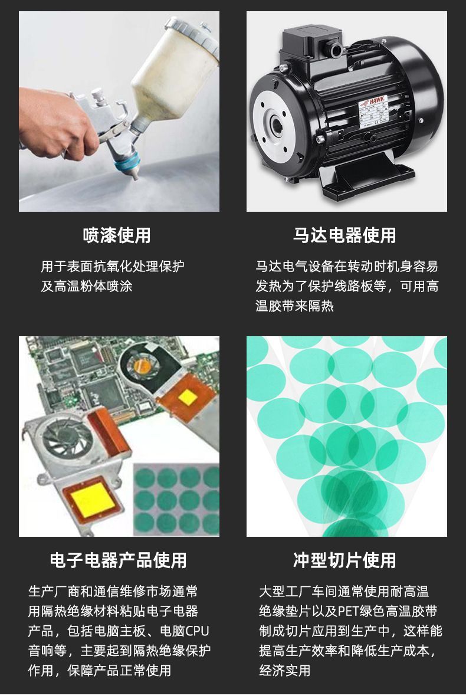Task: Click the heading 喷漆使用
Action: tap(117, 235)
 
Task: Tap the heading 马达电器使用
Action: tap(344, 235)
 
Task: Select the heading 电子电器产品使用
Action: tap(118, 560)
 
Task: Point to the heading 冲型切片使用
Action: tap(344, 560)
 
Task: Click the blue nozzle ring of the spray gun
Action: tap(127, 162)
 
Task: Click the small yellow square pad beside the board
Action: tap(188, 396)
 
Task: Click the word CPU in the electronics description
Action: tap(196, 631)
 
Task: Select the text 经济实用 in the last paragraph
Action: tap(285, 671)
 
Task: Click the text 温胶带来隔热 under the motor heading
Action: tap(295, 306)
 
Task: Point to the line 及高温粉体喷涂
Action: tap(87, 286)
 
